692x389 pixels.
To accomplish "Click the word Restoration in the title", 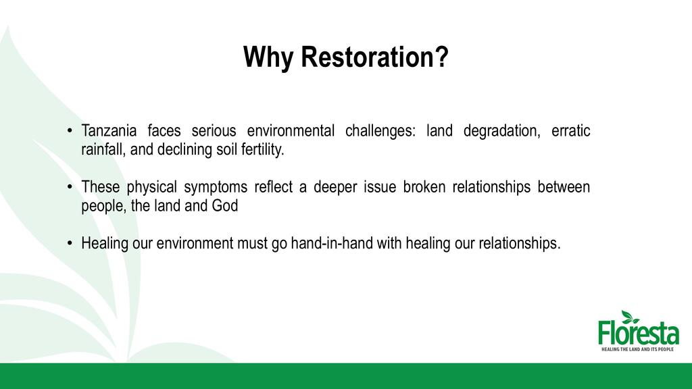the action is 374,57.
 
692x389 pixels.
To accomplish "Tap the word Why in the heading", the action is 268,58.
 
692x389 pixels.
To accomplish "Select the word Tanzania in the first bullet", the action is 109,131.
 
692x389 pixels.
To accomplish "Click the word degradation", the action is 502,132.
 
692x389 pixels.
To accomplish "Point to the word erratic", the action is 570,131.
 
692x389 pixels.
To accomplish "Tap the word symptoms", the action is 216,188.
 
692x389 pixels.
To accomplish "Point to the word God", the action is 225,206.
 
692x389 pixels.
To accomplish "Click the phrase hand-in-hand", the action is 332,243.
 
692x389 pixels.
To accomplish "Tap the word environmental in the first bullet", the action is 291,131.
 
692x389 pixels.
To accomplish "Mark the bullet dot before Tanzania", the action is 70,131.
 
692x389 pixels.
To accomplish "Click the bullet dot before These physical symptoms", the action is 70,187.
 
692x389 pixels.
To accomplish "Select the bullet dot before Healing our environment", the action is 70,243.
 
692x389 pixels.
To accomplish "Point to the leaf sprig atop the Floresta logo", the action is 630,317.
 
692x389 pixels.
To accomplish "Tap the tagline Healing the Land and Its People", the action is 638,349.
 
